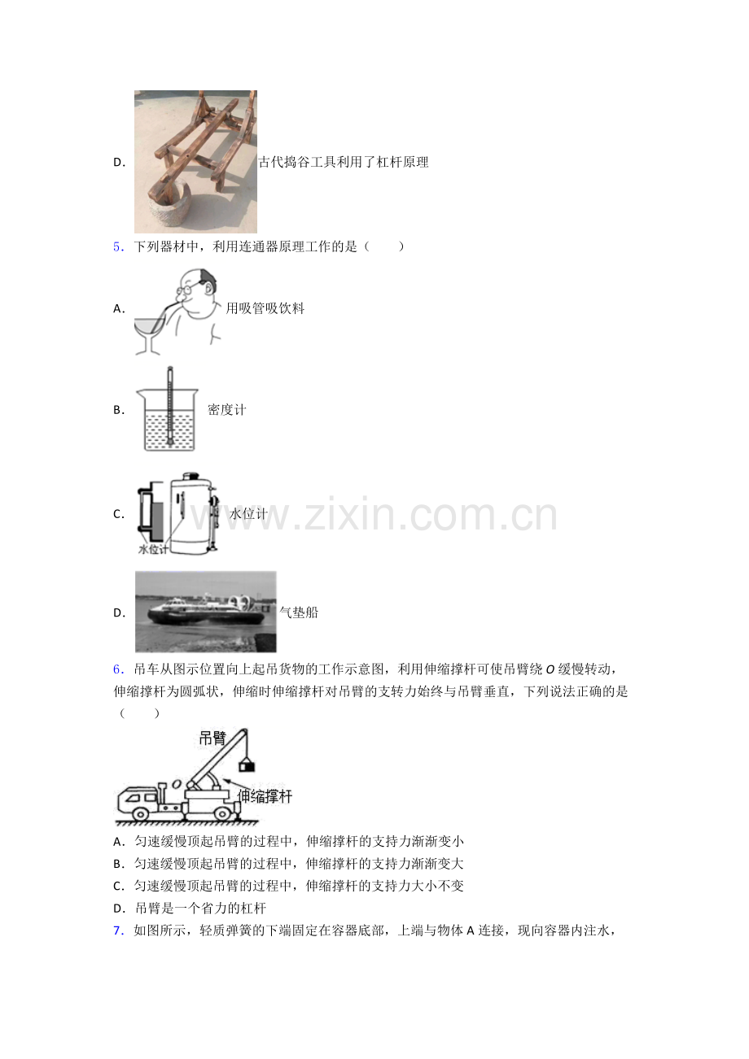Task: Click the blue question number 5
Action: coord(118,246)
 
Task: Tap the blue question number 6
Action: coord(118,669)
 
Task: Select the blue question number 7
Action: coord(118,930)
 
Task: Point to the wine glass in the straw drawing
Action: coord(150,335)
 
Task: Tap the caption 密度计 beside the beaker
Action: coord(226,409)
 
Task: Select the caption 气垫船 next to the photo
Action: coord(299,612)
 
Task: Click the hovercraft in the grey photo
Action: coord(207,610)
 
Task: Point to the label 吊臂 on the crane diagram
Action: coord(212,738)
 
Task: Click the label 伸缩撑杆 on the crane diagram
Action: coord(265,796)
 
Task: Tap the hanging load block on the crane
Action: coord(247,765)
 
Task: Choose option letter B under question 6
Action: coord(118,864)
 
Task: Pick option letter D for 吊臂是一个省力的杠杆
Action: coord(118,909)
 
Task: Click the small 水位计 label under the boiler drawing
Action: coord(153,549)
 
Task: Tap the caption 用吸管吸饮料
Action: coord(265,308)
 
